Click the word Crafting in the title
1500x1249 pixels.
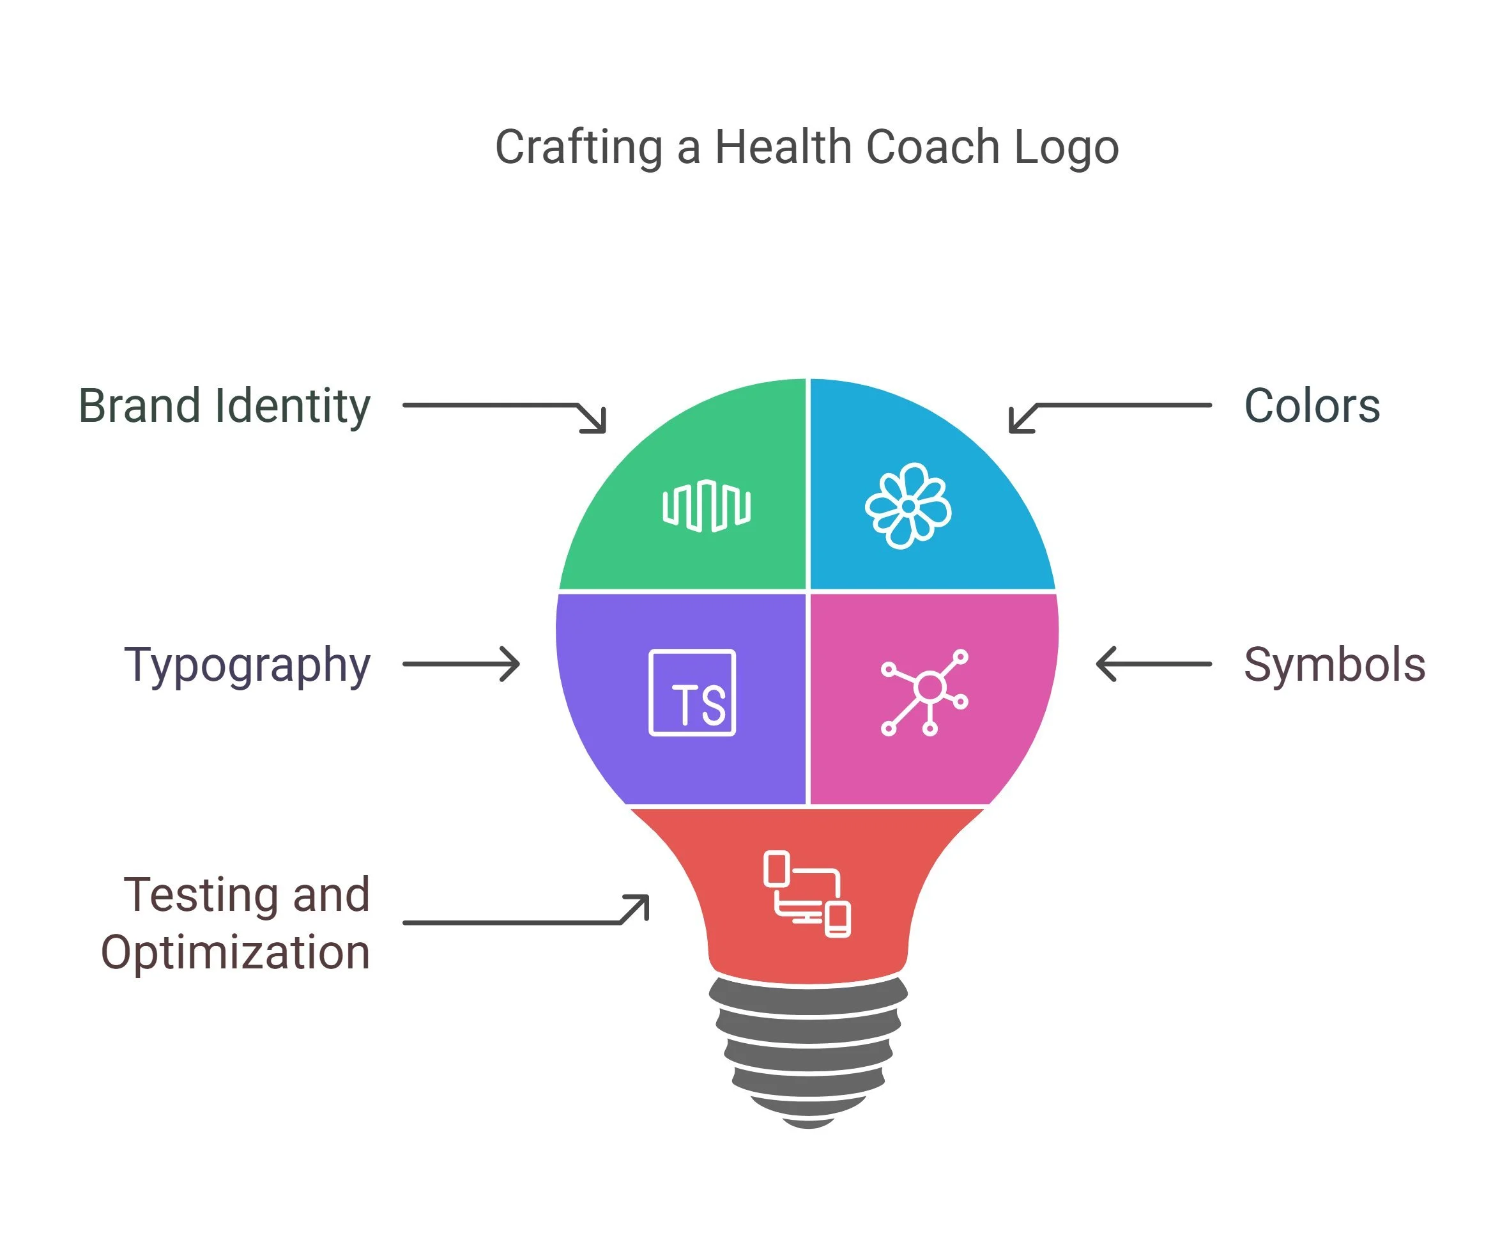click(x=579, y=148)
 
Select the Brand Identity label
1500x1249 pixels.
click(x=224, y=406)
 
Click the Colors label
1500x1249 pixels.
click(x=1312, y=406)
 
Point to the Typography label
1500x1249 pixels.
click(x=247, y=665)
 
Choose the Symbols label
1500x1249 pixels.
click(x=1335, y=665)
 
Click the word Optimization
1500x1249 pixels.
click(x=236, y=952)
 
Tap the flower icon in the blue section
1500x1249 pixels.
click(x=908, y=506)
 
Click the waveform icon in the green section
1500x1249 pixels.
click(x=707, y=506)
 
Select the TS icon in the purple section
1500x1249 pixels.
click(x=692, y=692)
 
